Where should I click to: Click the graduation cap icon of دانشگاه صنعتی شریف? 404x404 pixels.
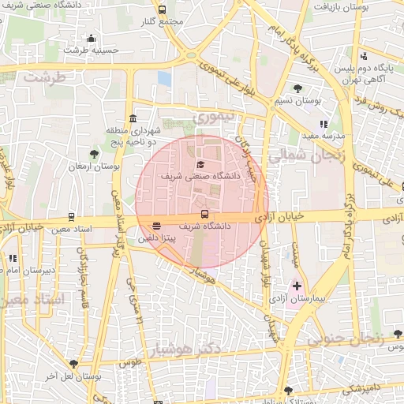point(200,163)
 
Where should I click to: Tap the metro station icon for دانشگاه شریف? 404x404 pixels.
point(204,214)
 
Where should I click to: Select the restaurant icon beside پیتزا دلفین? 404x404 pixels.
point(156,226)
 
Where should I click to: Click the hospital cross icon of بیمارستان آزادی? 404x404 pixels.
point(297,286)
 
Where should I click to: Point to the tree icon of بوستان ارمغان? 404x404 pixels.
point(95,154)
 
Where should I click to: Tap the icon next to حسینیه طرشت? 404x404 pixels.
point(91,38)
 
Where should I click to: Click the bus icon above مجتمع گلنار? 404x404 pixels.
point(162,10)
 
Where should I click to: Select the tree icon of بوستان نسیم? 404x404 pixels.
point(297,88)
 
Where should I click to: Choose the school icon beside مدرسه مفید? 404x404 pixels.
point(324,124)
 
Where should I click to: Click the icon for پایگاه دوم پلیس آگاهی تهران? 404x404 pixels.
point(365,56)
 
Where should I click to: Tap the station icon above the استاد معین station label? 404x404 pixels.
point(72,216)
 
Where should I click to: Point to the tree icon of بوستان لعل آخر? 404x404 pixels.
point(73,364)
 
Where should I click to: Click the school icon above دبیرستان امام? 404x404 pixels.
point(12,258)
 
